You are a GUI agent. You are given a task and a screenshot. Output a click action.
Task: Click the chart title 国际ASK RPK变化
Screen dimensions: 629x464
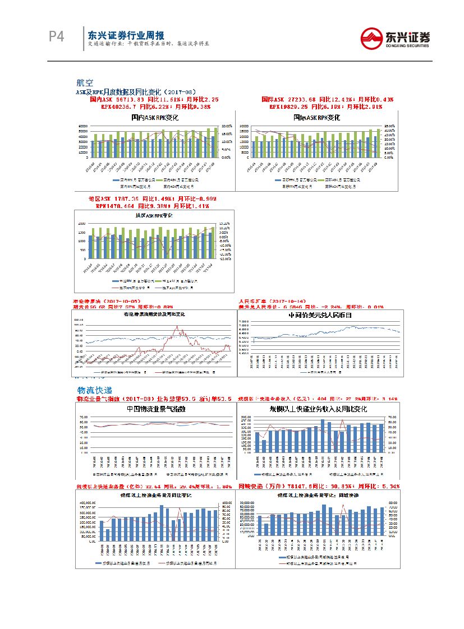pos(317,118)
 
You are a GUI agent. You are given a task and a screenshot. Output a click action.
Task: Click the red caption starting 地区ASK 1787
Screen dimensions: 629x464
pos(153,199)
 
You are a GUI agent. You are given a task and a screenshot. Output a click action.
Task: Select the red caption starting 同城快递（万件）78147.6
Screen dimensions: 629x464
pos(318,486)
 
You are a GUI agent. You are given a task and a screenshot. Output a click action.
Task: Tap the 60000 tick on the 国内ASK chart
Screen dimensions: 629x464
pos(83,126)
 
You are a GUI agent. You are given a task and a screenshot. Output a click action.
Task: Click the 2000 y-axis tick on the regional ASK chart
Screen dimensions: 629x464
pos(82,223)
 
